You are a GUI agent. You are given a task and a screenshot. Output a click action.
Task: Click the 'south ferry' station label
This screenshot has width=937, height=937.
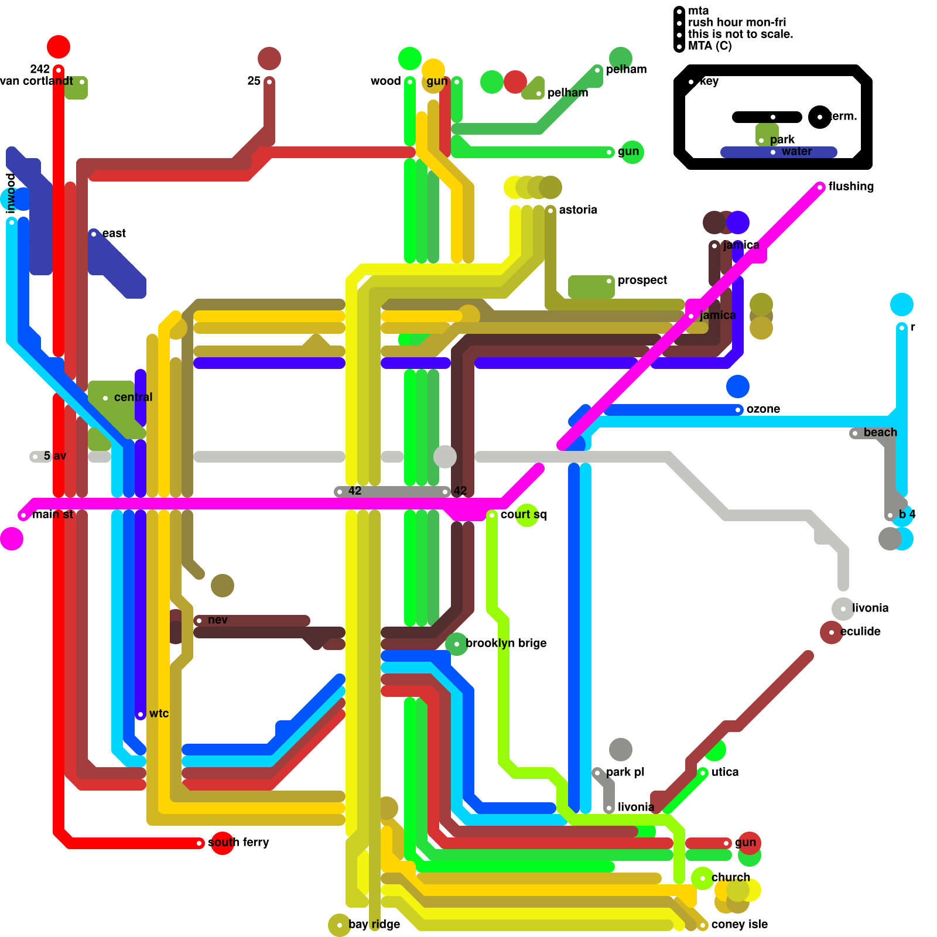(238, 842)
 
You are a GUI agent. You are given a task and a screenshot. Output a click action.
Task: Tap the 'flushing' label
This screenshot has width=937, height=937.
(851, 186)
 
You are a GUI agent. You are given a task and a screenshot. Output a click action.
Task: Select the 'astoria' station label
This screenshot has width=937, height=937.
(578, 210)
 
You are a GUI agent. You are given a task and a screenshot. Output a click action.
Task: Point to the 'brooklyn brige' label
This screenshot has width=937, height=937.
(506, 643)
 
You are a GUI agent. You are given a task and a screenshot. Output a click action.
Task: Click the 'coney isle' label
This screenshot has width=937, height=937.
(739, 924)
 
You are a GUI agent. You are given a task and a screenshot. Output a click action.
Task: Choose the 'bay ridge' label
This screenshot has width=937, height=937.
(374, 924)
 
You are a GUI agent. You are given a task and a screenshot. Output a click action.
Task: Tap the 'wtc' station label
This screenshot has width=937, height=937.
(159, 713)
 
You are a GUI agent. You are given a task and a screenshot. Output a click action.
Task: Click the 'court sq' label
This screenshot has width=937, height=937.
(523, 514)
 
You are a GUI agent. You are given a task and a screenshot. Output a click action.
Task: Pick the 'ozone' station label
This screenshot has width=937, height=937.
(763, 409)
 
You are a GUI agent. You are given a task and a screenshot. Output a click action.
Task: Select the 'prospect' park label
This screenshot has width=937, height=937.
(642, 280)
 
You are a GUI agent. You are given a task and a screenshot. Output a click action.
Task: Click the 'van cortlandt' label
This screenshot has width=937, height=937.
(36, 81)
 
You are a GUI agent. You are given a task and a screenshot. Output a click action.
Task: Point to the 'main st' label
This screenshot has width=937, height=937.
(53, 514)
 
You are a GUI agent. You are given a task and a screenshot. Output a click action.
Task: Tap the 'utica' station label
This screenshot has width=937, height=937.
(725, 772)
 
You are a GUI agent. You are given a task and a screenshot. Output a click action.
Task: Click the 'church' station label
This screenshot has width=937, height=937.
(730, 877)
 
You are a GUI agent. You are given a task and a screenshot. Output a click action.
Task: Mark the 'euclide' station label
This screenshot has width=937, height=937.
(860, 631)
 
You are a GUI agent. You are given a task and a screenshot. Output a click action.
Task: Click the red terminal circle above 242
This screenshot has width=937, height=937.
(59, 46)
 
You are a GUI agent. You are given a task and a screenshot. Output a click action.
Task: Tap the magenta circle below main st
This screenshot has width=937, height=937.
(12, 539)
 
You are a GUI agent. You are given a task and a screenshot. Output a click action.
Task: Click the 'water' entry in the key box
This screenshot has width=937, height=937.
(796, 151)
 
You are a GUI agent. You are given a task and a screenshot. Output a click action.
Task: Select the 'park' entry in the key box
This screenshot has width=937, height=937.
(782, 139)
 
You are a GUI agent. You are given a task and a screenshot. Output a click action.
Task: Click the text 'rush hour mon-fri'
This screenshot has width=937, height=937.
(737, 22)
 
